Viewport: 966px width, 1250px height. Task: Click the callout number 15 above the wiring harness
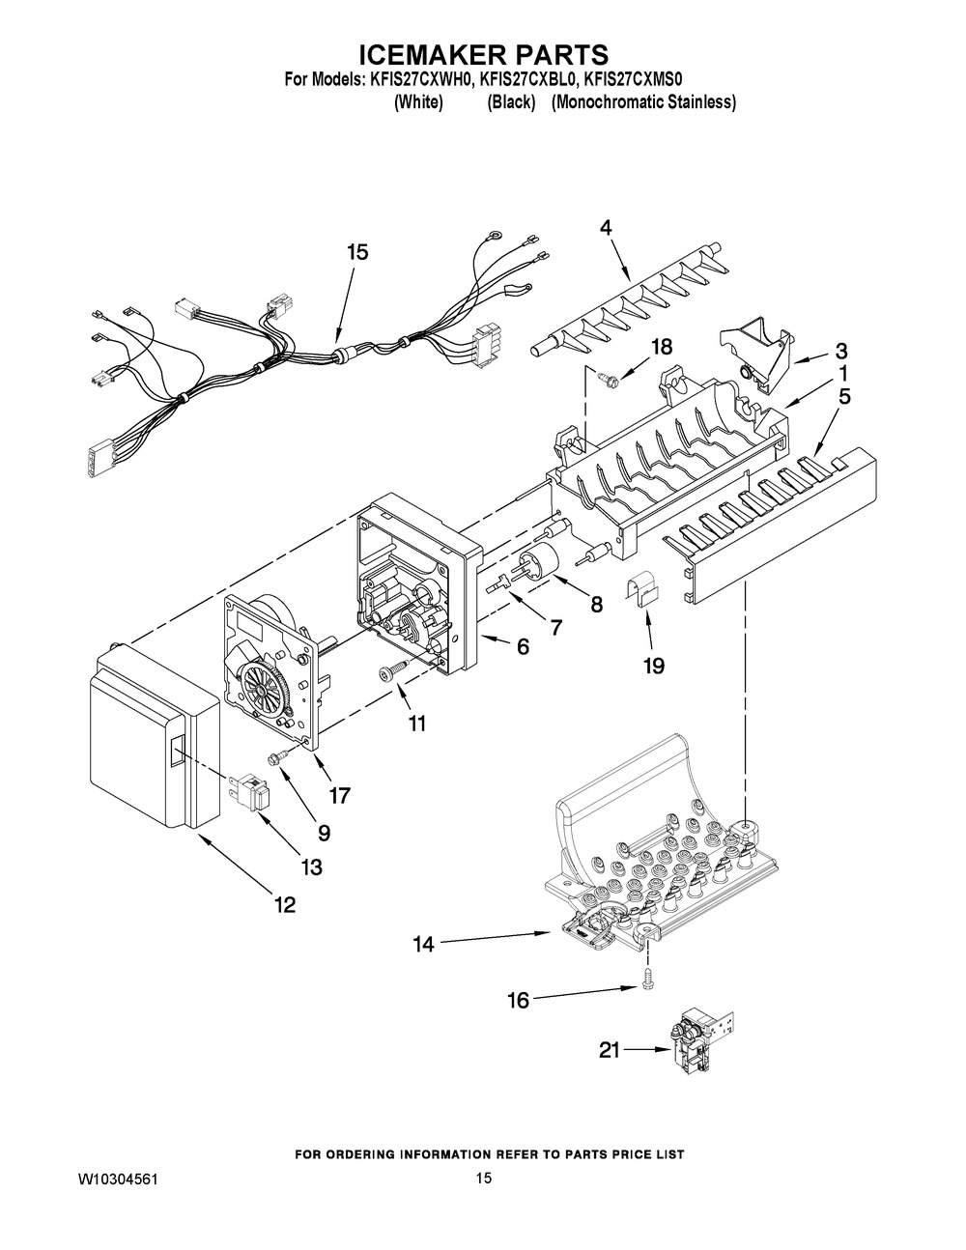[x=356, y=252]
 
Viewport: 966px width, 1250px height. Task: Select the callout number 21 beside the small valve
[x=609, y=1050]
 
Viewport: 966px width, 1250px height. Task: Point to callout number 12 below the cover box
[x=285, y=905]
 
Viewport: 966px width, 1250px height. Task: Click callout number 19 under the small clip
[x=653, y=667]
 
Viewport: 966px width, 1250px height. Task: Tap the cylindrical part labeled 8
[x=542, y=564]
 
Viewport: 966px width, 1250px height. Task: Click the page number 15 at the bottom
[x=484, y=1178]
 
